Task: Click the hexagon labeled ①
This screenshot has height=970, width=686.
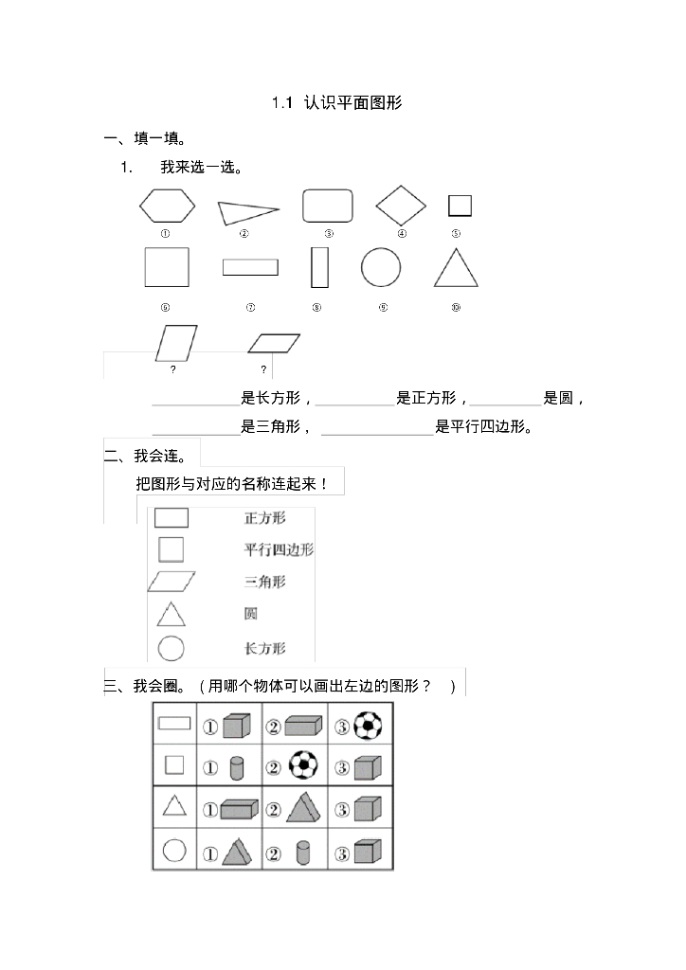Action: pos(167,205)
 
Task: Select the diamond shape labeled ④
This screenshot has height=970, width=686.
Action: pos(402,205)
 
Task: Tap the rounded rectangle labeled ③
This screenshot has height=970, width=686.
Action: pos(328,206)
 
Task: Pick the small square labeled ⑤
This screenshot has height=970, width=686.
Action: pos(460,206)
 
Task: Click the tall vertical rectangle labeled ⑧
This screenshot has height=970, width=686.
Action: pos(319,267)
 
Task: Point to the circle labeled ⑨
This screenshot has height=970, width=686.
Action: pos(381,267)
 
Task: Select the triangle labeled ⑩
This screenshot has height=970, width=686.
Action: pos(456,268)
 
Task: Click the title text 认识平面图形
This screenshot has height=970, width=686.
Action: pos(353,103)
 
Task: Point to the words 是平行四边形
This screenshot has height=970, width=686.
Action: pos(483,427)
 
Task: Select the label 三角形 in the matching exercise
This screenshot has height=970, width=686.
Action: pos(264,582)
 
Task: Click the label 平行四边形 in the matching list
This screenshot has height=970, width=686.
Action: pos(279,549)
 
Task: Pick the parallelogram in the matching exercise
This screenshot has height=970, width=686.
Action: pos(171,582)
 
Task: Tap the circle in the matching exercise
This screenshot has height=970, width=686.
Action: pos(171,648)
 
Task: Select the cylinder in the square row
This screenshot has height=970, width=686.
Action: pos(237,765)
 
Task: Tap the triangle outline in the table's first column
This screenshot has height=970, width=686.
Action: pos(173,806)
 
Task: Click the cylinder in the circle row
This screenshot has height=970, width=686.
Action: pos(303,852)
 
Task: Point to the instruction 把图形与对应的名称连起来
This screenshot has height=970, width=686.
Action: pos(232,484)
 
